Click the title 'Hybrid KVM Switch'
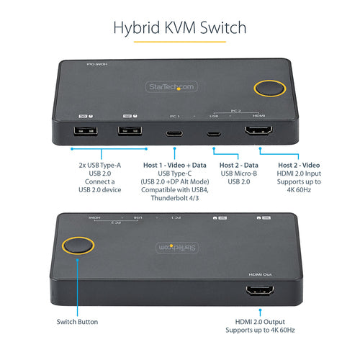coord(180,28)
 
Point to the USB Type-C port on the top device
coord(175,132)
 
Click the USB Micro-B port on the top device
coord(212,133)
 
